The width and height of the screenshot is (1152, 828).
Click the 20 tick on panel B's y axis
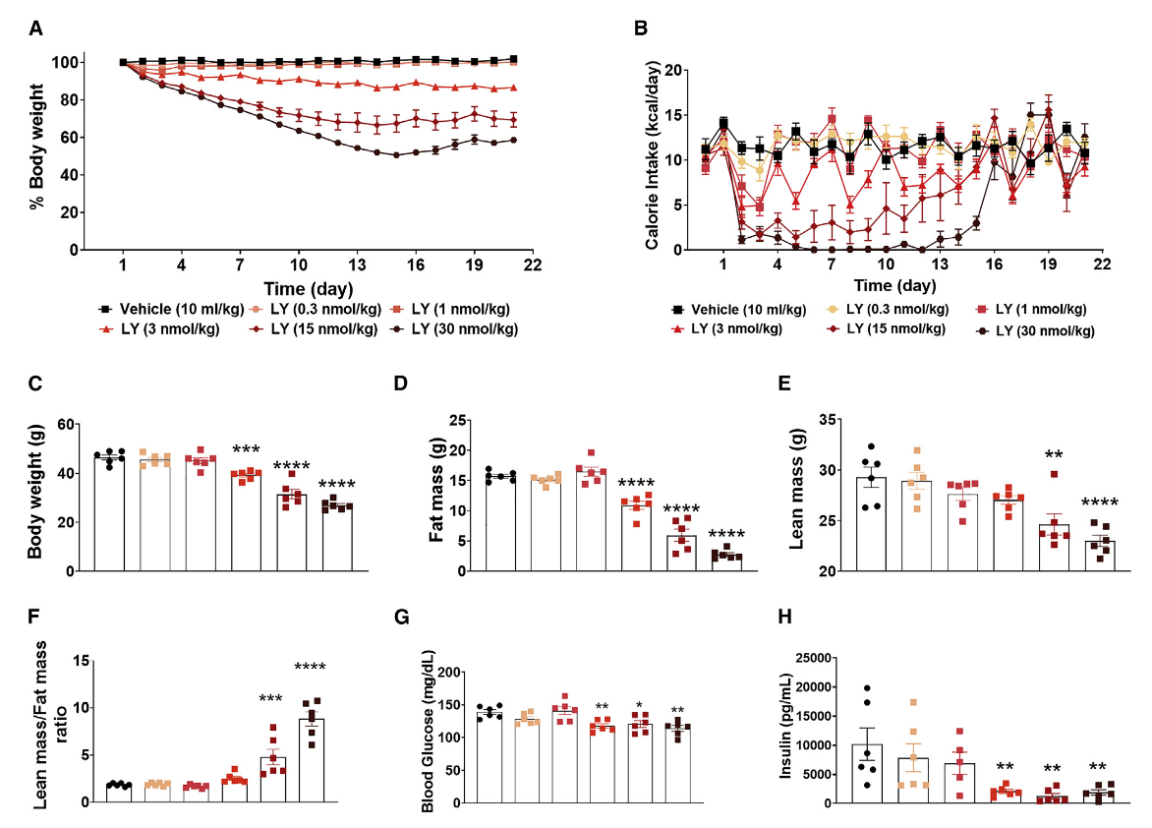tap(673, 70)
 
